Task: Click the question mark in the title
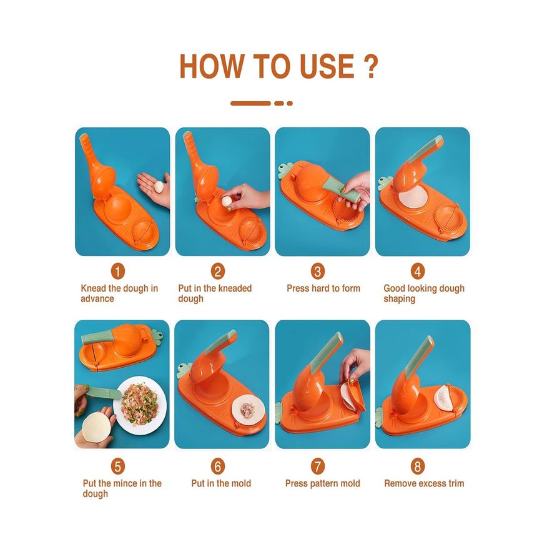click(370, 66)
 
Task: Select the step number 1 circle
click(118, 271)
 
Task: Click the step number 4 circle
click(418, 271)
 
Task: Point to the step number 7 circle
click(317, 466)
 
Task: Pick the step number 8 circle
click(418, 466)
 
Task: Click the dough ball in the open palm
click(159, 186)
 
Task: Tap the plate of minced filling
click(140, 405)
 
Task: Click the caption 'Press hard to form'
click(323, 288)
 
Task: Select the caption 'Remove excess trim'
click(424, 483)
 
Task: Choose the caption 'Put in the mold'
click(221, 483)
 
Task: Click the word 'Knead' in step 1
click(94, 288)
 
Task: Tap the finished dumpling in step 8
click(443, 398)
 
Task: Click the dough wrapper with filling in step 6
click(247, 410)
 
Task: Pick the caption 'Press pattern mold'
click(323, 483)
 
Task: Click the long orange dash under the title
click(250, 103)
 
